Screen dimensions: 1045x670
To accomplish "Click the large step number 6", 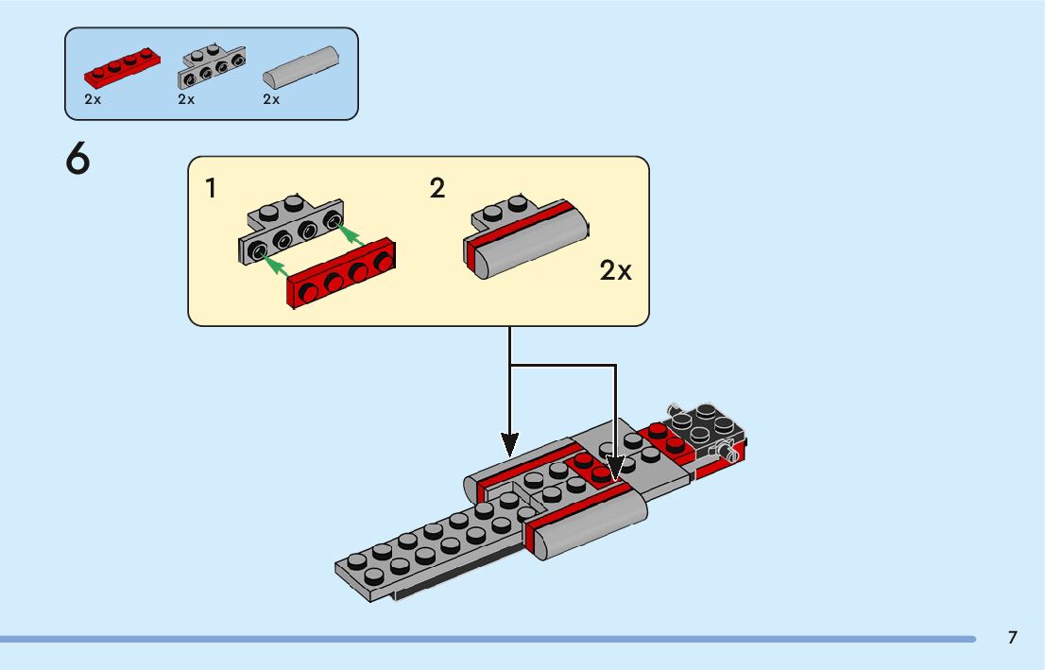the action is pos(77,159).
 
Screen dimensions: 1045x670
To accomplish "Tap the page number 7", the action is pos(1012,637).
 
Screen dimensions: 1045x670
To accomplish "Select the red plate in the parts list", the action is pos(122,67).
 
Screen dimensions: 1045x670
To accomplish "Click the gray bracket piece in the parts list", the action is pos(212,67).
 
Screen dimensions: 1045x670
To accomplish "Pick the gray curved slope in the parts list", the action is pos(300,67).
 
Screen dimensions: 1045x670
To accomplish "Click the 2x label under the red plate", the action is pos(93,99).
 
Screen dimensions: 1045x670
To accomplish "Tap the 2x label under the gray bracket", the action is pos(186,99).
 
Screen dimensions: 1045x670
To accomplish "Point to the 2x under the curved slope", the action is pos(271,99).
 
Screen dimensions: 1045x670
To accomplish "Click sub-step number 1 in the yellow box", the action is pos(211,189).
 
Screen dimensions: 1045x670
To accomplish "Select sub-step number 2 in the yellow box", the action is pos(437,188).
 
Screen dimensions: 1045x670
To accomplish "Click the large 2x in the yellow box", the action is pos(615,270).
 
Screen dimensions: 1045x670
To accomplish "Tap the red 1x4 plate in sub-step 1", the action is pos(340,273).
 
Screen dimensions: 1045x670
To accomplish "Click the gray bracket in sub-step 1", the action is pos(291,230).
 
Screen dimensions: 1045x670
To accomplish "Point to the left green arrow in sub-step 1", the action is pos(274,266).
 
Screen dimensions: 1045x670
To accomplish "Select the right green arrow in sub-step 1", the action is pos(351,235).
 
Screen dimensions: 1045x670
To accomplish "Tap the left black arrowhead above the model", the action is pos(510,444).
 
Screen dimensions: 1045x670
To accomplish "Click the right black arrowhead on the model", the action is pos(615,468).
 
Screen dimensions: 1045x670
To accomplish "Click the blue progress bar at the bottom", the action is pos(488,640).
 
